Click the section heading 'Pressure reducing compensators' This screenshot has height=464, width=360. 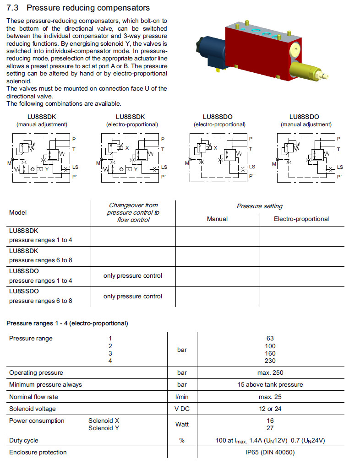(x=87, y=8)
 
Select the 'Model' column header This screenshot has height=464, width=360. (x=18, y=212)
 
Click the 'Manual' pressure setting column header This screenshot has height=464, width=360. (x=217, y=219)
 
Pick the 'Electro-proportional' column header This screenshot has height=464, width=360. (x=301, y=219)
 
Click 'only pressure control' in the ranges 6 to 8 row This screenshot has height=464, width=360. (x=133, y=296)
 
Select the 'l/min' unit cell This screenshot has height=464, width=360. (x=182, y=396)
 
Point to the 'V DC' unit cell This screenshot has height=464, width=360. (x=182, y=409)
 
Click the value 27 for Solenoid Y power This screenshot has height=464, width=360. (x=270, y=428)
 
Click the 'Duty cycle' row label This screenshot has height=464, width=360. (x=24, y=440)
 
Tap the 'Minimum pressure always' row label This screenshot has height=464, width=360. (x=45, y=384)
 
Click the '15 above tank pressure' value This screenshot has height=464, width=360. (x=270, y=384)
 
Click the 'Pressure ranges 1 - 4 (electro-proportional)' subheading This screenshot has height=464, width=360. (x=67, y=324)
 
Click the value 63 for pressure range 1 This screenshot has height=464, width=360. (x=270, y=339)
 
